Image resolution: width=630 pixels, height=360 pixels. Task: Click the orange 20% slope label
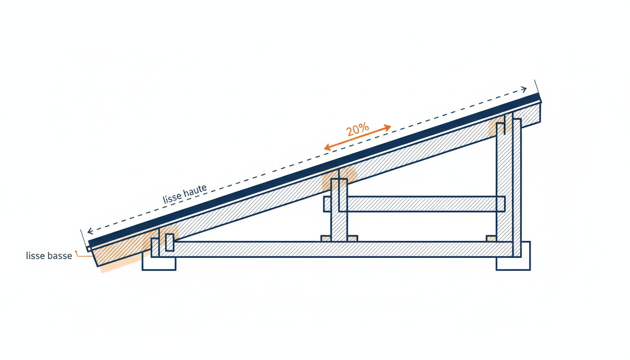357,129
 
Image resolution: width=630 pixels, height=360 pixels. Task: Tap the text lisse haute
185,194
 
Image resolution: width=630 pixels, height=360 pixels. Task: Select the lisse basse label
49,255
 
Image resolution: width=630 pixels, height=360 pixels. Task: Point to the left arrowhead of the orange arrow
327,147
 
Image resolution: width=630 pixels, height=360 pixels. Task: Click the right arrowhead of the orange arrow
388,127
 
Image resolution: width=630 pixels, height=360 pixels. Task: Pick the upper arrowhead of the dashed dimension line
524,90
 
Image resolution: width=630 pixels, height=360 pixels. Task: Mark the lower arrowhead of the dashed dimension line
90,231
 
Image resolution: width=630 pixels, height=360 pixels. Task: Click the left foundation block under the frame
159,263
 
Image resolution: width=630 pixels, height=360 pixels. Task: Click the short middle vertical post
339,210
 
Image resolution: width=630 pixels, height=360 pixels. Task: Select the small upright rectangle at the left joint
169,242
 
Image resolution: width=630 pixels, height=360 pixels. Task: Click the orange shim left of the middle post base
326,239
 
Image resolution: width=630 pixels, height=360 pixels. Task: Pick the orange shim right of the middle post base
352,239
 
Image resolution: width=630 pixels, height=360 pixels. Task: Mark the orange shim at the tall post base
491,239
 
